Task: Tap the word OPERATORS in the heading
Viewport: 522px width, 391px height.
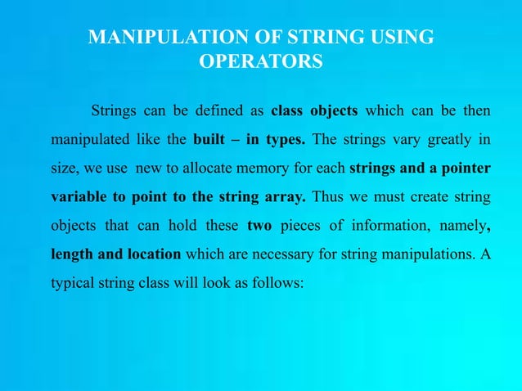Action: click(261, 62)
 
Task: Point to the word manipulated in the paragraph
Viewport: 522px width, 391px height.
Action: click(91, 138)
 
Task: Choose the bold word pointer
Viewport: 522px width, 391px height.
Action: click(466, 169)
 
